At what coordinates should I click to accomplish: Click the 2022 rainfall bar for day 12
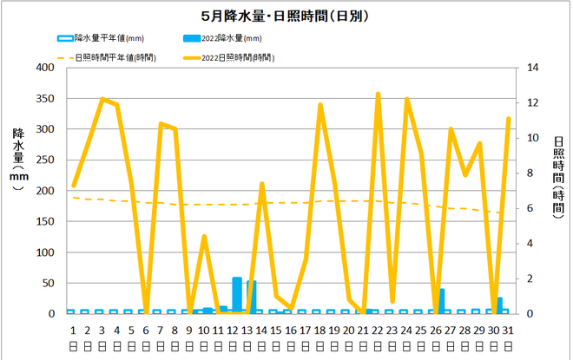(x=237, y=295)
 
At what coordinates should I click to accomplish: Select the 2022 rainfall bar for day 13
(x=252, y=297)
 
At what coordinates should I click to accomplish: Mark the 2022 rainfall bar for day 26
(x=441, y=301)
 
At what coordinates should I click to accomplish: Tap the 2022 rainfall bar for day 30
(x=499, y=305)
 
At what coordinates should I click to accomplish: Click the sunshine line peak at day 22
(x=379, y=94)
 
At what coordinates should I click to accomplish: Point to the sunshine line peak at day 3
(x=102, y=99)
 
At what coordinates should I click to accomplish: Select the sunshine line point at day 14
(x=262, y=184)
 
